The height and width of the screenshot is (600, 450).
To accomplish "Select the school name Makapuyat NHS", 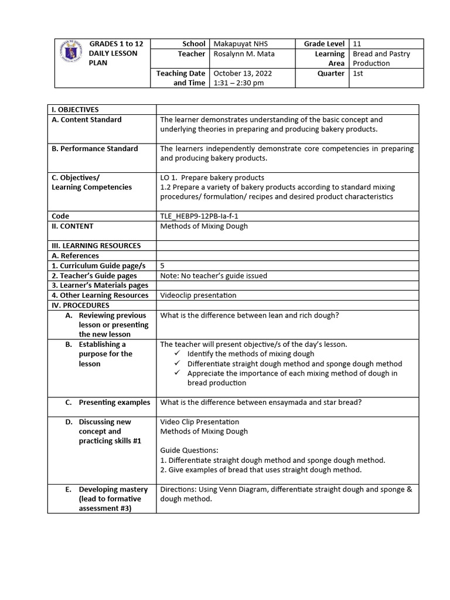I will click(240, 44).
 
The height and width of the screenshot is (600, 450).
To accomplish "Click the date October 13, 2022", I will click(243, 73).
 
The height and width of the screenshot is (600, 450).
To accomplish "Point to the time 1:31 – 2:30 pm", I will click(238, 83).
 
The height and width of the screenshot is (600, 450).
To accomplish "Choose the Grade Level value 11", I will click(357, 44).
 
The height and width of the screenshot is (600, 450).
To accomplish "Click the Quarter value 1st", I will click(358, 73).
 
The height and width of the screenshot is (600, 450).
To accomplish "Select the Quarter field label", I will click(331, 73).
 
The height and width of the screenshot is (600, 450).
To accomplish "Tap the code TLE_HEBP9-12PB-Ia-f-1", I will click(199, 216).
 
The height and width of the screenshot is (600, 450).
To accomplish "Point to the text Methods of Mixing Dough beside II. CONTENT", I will click(204, 226).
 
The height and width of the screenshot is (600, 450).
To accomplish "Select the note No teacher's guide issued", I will click(213, 276).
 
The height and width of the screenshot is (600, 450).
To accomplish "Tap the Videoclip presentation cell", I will click(198, 295).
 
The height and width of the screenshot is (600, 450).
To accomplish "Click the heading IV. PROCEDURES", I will click(80, 305).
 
